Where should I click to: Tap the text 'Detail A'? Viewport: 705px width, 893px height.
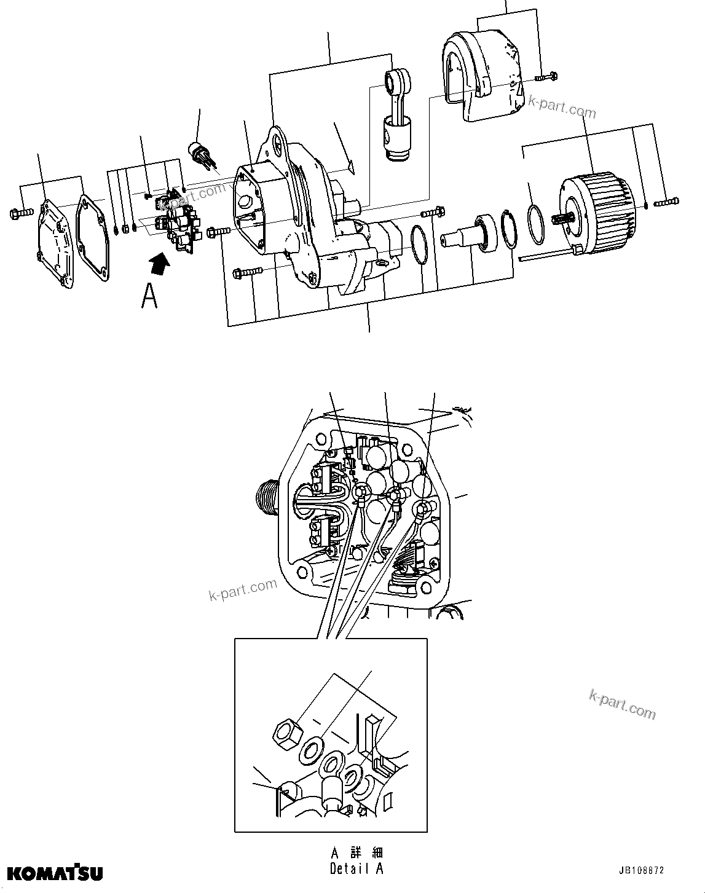(x=356, y=868)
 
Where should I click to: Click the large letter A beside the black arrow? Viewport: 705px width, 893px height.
(x=149, y=296)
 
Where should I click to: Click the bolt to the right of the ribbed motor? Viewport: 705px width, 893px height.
(x=667, y=202)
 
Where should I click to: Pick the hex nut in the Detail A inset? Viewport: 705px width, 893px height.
(x=286, y=731)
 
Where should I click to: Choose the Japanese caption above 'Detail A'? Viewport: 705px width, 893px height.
(x=357, y=853)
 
